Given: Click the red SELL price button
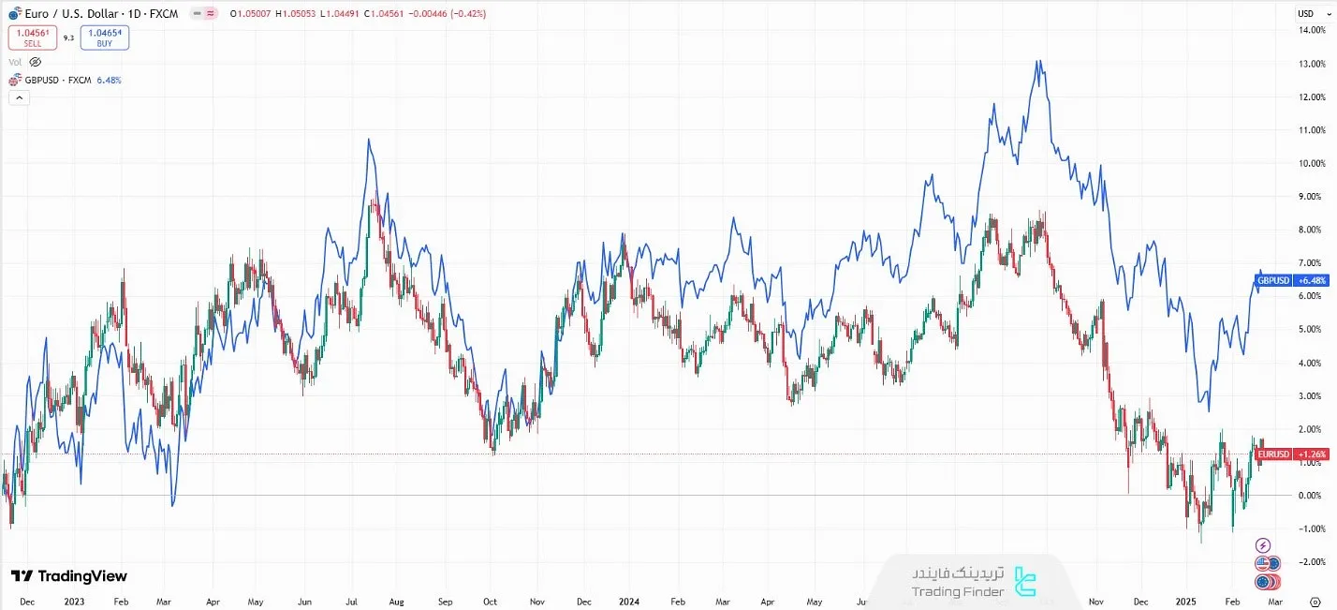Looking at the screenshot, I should [x=33, y=37].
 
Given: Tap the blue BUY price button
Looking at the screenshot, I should [x=105, y=37].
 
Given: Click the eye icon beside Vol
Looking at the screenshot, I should [x=36, y=62].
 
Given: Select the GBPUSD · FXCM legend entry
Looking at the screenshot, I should [x=58, y=81].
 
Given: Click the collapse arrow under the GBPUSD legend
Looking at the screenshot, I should [x=18, y=98].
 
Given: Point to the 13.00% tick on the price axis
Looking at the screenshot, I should [x=1311, y=64].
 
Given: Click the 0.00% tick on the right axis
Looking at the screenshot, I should [x=1311, y=496].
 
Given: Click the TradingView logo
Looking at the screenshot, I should [x=69, y=576].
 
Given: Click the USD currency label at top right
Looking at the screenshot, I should [x=1306, y=13].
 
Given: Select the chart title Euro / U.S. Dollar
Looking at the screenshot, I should [x=66, y=14].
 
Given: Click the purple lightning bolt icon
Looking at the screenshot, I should [x=1263, y=545].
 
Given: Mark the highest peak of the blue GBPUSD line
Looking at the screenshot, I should [x=1037, y=62].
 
